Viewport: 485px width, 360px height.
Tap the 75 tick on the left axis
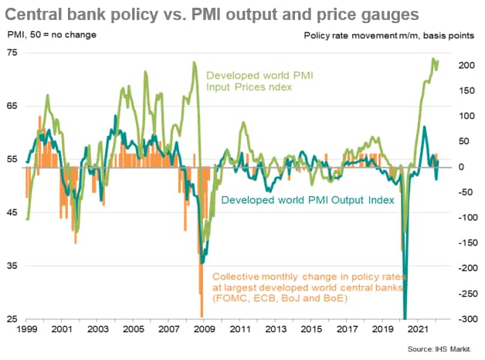pyautogui.click(x=12, y=51)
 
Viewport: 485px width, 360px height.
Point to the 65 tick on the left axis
pyautogui.click(x=12, y=105)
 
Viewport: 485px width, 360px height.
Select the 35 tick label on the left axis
pyautogui.click(x=12, y=265)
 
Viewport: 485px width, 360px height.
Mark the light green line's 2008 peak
pyautogui.click(x=194, y=63)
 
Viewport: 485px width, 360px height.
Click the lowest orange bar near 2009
pyautogui.click(x=202, y=313)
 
